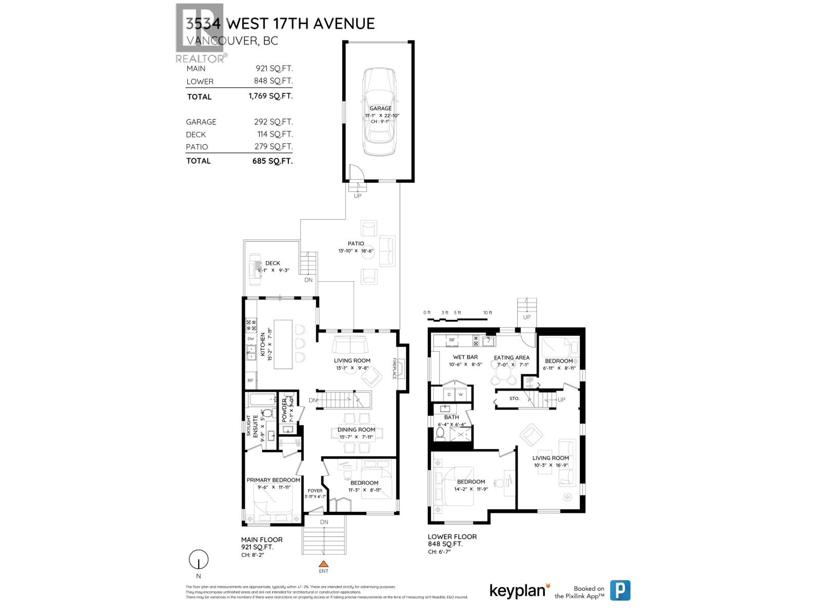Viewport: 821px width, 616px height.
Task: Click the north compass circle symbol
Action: [x=199, y=559]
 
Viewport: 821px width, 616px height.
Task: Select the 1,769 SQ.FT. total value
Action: [x=270, y=96]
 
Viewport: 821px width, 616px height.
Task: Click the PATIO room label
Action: [x=356, y=243]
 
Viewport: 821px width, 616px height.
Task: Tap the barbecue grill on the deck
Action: [x=255, y=269]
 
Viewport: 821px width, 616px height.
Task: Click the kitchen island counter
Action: [x=283, y=344]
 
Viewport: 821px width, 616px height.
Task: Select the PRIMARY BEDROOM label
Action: [x=273, y=480]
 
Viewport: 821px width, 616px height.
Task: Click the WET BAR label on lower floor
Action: [x=465, y=357]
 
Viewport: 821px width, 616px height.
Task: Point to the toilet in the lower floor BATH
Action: [x=440, y=433]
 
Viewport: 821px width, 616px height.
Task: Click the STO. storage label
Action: [x=514, y=398]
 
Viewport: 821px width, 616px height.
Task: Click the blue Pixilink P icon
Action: [x=620, y=590]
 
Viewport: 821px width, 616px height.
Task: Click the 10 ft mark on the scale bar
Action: [x=487, y=313]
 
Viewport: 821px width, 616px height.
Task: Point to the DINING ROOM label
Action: [x=356, y=430]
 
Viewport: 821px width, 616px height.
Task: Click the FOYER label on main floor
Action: [x=315, y=491]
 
